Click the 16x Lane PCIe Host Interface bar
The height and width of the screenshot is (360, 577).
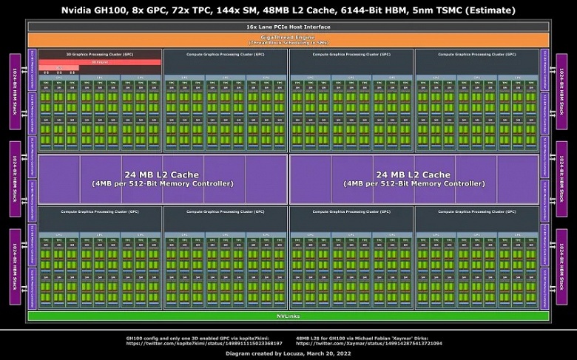tap(288, 27)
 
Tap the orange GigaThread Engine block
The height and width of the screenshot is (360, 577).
tap(288, 39)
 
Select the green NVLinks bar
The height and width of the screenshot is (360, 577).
tap(288, 316)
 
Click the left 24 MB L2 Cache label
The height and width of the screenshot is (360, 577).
tap(162, 174)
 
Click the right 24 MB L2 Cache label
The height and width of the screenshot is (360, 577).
tap(412, 174)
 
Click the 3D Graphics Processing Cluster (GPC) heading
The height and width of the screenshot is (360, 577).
tap(99, 55)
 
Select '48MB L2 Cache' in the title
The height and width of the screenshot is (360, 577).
tap(289, 10)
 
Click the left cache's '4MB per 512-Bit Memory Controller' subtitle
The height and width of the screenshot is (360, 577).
tap(162, 183)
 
